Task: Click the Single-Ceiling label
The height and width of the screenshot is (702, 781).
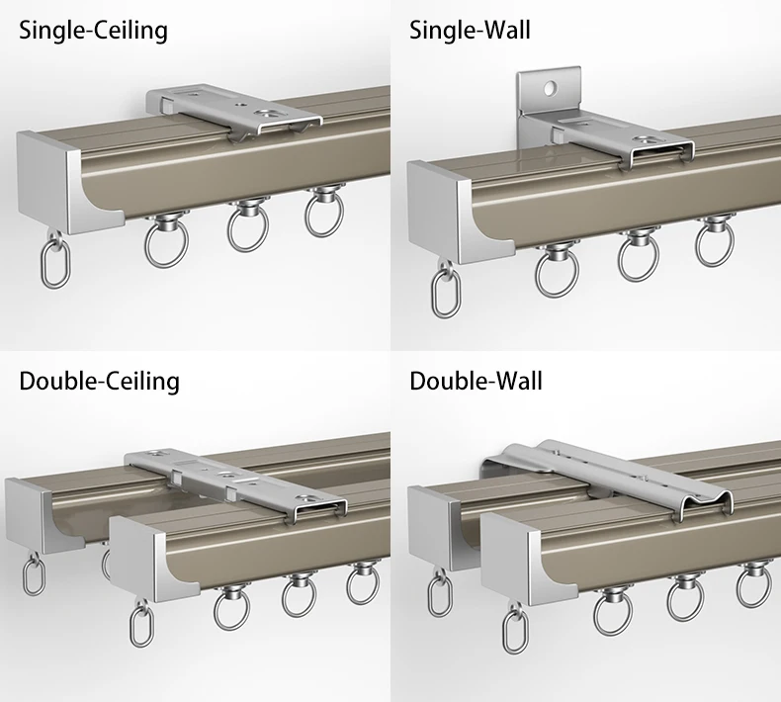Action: pos(93,31)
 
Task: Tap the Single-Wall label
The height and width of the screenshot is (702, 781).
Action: pos(470,31)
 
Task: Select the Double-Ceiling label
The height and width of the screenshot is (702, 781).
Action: pos(99,380)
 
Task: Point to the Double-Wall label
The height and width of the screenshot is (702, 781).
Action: pos(476,380)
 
